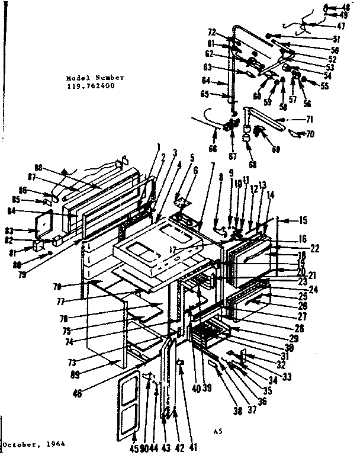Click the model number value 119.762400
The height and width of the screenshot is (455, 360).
(x=91, y=86)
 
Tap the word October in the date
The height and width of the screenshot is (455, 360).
(x=18, y=444)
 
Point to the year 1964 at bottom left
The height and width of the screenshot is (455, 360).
(x=53, y=444)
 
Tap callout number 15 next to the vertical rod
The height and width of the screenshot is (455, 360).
(x=303, y=220)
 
